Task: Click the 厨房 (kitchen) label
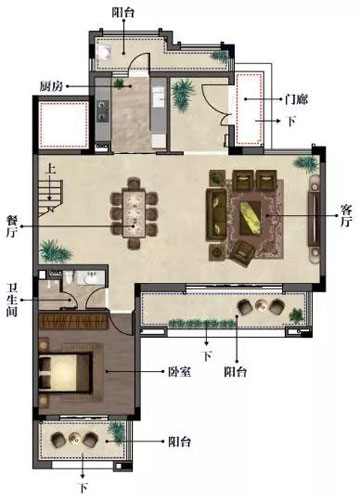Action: [51, 87]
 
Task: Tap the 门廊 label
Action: [296, 99]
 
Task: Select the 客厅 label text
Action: [346, 216]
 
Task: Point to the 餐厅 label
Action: [13, 227]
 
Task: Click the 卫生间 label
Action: [12, 300]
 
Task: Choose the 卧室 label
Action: [180, 372]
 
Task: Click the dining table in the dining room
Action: [134, 213]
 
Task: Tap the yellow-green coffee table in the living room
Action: [251, 217]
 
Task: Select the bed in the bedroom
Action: [65, 372]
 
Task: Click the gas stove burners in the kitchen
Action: [102, 111]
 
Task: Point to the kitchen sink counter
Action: [158, 97]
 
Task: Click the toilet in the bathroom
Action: [68, 278]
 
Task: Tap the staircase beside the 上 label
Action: [51, 198]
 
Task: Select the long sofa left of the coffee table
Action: [216, 214]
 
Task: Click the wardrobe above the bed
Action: [73, 321]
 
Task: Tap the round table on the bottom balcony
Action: [74, 439]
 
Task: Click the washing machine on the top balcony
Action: [103, 52]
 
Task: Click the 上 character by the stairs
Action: [50, 169]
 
